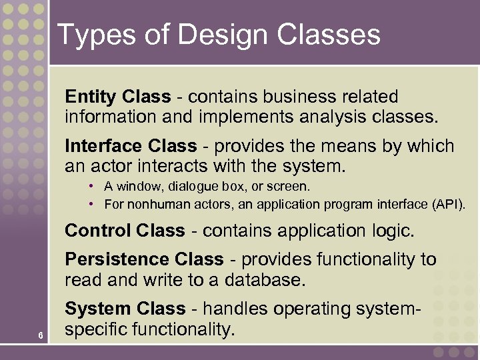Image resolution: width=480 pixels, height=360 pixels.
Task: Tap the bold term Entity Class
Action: click(x=118, y=97)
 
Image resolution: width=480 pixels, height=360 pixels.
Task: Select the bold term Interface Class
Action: click(x=131, y=146)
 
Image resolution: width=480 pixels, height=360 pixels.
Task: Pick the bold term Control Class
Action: click(x=125, y=231)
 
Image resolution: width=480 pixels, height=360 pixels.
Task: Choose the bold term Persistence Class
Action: click(x=144, y=259)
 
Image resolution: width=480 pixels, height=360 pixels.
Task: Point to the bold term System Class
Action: click(x=125, y=309)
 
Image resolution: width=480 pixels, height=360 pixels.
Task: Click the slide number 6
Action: click(x=41, y=335)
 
